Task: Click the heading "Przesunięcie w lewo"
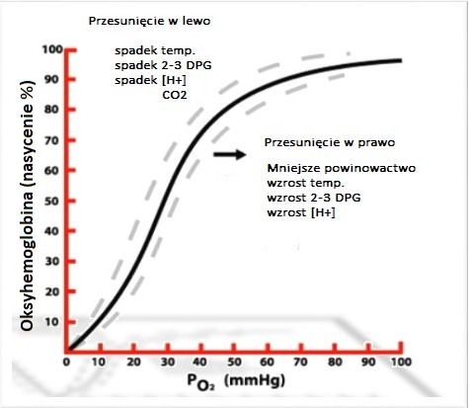click(149, 22)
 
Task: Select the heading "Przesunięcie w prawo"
click(330, 142)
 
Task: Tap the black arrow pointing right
click(230, 154)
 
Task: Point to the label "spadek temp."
click(155, 51)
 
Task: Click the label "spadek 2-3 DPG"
click(163, 65)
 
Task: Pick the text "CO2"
click(175, 95)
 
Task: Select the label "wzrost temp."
click(306, 183)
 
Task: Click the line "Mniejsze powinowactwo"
click(342, 168)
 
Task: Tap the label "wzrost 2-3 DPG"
click(314, 198)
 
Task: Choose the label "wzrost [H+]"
click(301, 212)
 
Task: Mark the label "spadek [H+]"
click(150, 80)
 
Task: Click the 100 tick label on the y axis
click(52, 49)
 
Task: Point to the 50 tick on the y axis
click(70, 201)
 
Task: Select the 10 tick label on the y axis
click(51, 322)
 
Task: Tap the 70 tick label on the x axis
click(300, 363)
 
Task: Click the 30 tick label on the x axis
click(168, 363)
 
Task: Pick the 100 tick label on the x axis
click(401, 363)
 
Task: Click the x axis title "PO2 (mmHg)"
click(236, 382)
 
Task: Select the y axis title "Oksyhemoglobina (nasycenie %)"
click(28, 204)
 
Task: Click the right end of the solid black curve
click(401, 60)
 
